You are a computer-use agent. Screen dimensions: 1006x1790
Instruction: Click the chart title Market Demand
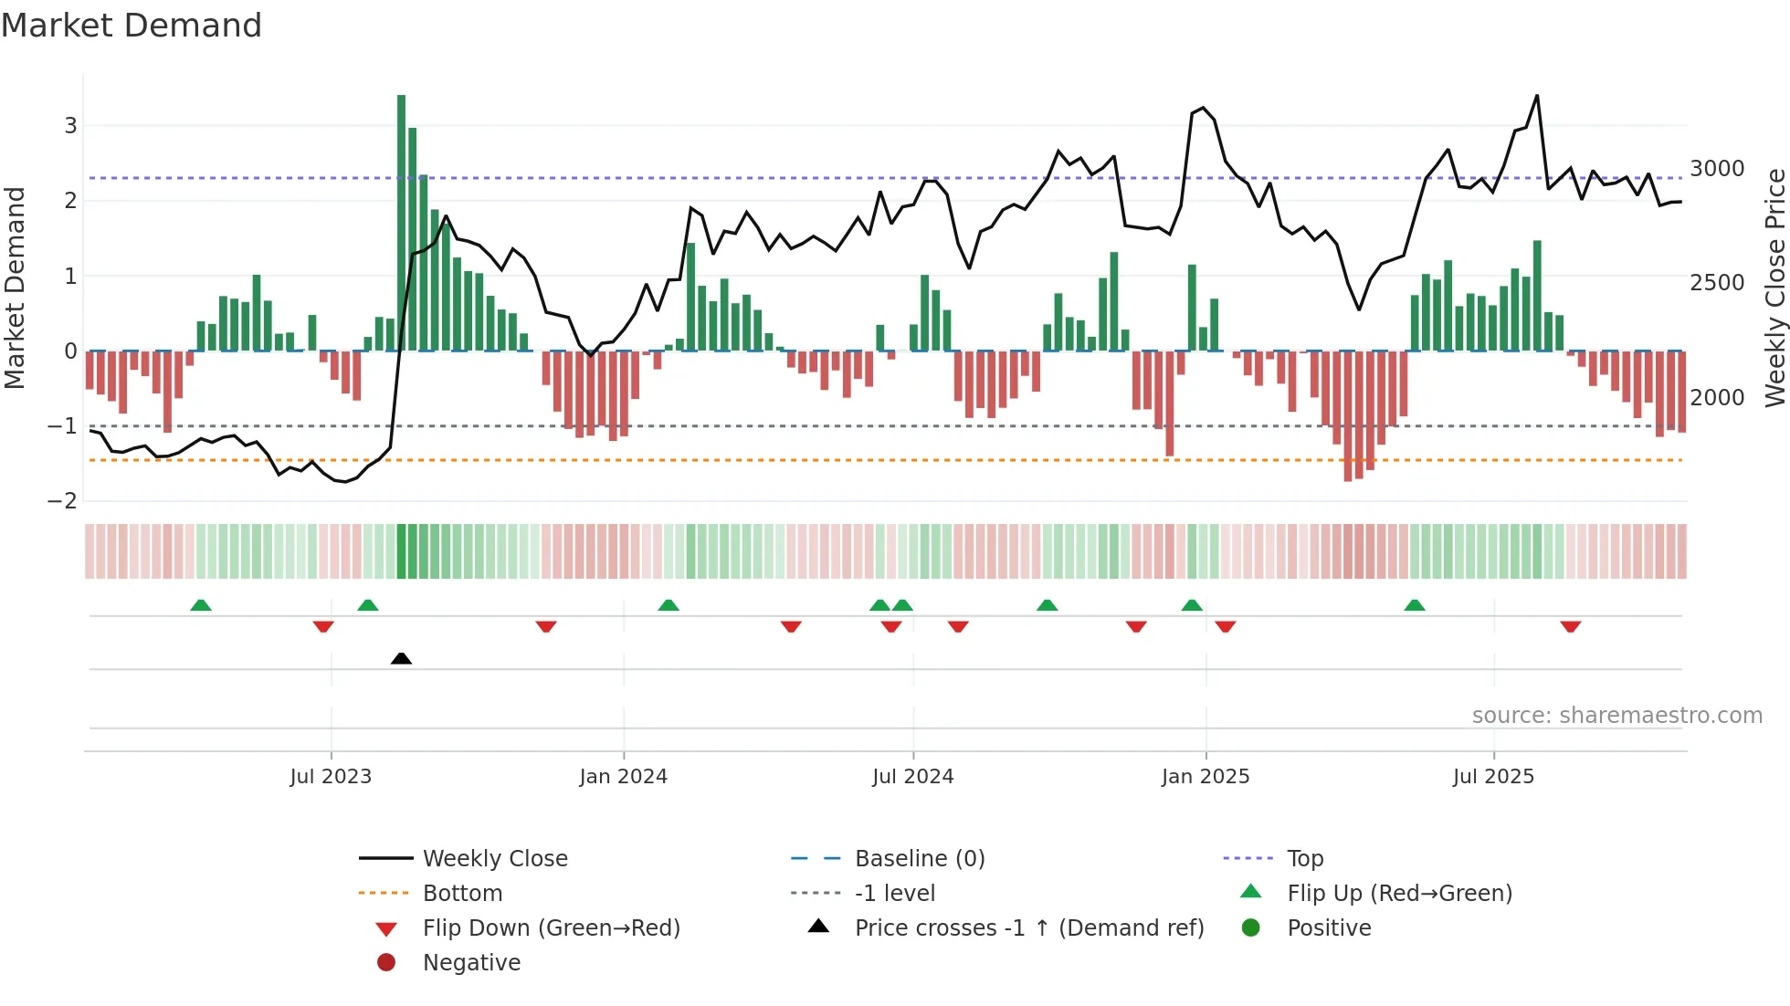132,26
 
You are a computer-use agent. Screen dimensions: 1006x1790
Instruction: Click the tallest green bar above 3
401,219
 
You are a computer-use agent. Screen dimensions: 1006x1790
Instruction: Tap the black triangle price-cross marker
401,658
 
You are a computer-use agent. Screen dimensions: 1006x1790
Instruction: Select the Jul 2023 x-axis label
331,777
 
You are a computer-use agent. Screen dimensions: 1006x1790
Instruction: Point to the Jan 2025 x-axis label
1206,777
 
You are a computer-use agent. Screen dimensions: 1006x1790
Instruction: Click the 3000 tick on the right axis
1717,169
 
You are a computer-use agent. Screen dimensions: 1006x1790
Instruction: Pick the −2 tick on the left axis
63,500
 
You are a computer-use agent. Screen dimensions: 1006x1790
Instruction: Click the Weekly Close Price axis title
1774,288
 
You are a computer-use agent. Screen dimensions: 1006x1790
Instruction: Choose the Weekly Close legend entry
494,858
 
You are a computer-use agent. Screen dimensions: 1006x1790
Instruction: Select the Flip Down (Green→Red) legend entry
551,927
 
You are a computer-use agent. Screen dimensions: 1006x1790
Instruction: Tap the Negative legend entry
471,962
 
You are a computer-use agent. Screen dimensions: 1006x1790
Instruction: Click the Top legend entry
1304,858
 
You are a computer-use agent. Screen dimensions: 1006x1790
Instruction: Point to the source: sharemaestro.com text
1616,716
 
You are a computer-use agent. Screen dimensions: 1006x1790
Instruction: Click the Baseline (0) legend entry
919,858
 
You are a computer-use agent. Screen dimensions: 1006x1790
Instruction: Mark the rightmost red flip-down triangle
1570,626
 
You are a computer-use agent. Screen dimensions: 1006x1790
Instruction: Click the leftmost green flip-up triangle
201,605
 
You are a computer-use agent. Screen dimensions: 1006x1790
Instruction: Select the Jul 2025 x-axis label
1493,777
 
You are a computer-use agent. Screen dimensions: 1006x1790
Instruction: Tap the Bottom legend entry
462,893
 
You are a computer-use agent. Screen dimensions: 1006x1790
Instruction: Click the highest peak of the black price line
1537,96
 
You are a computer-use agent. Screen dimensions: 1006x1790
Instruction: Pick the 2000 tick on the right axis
1717,397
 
